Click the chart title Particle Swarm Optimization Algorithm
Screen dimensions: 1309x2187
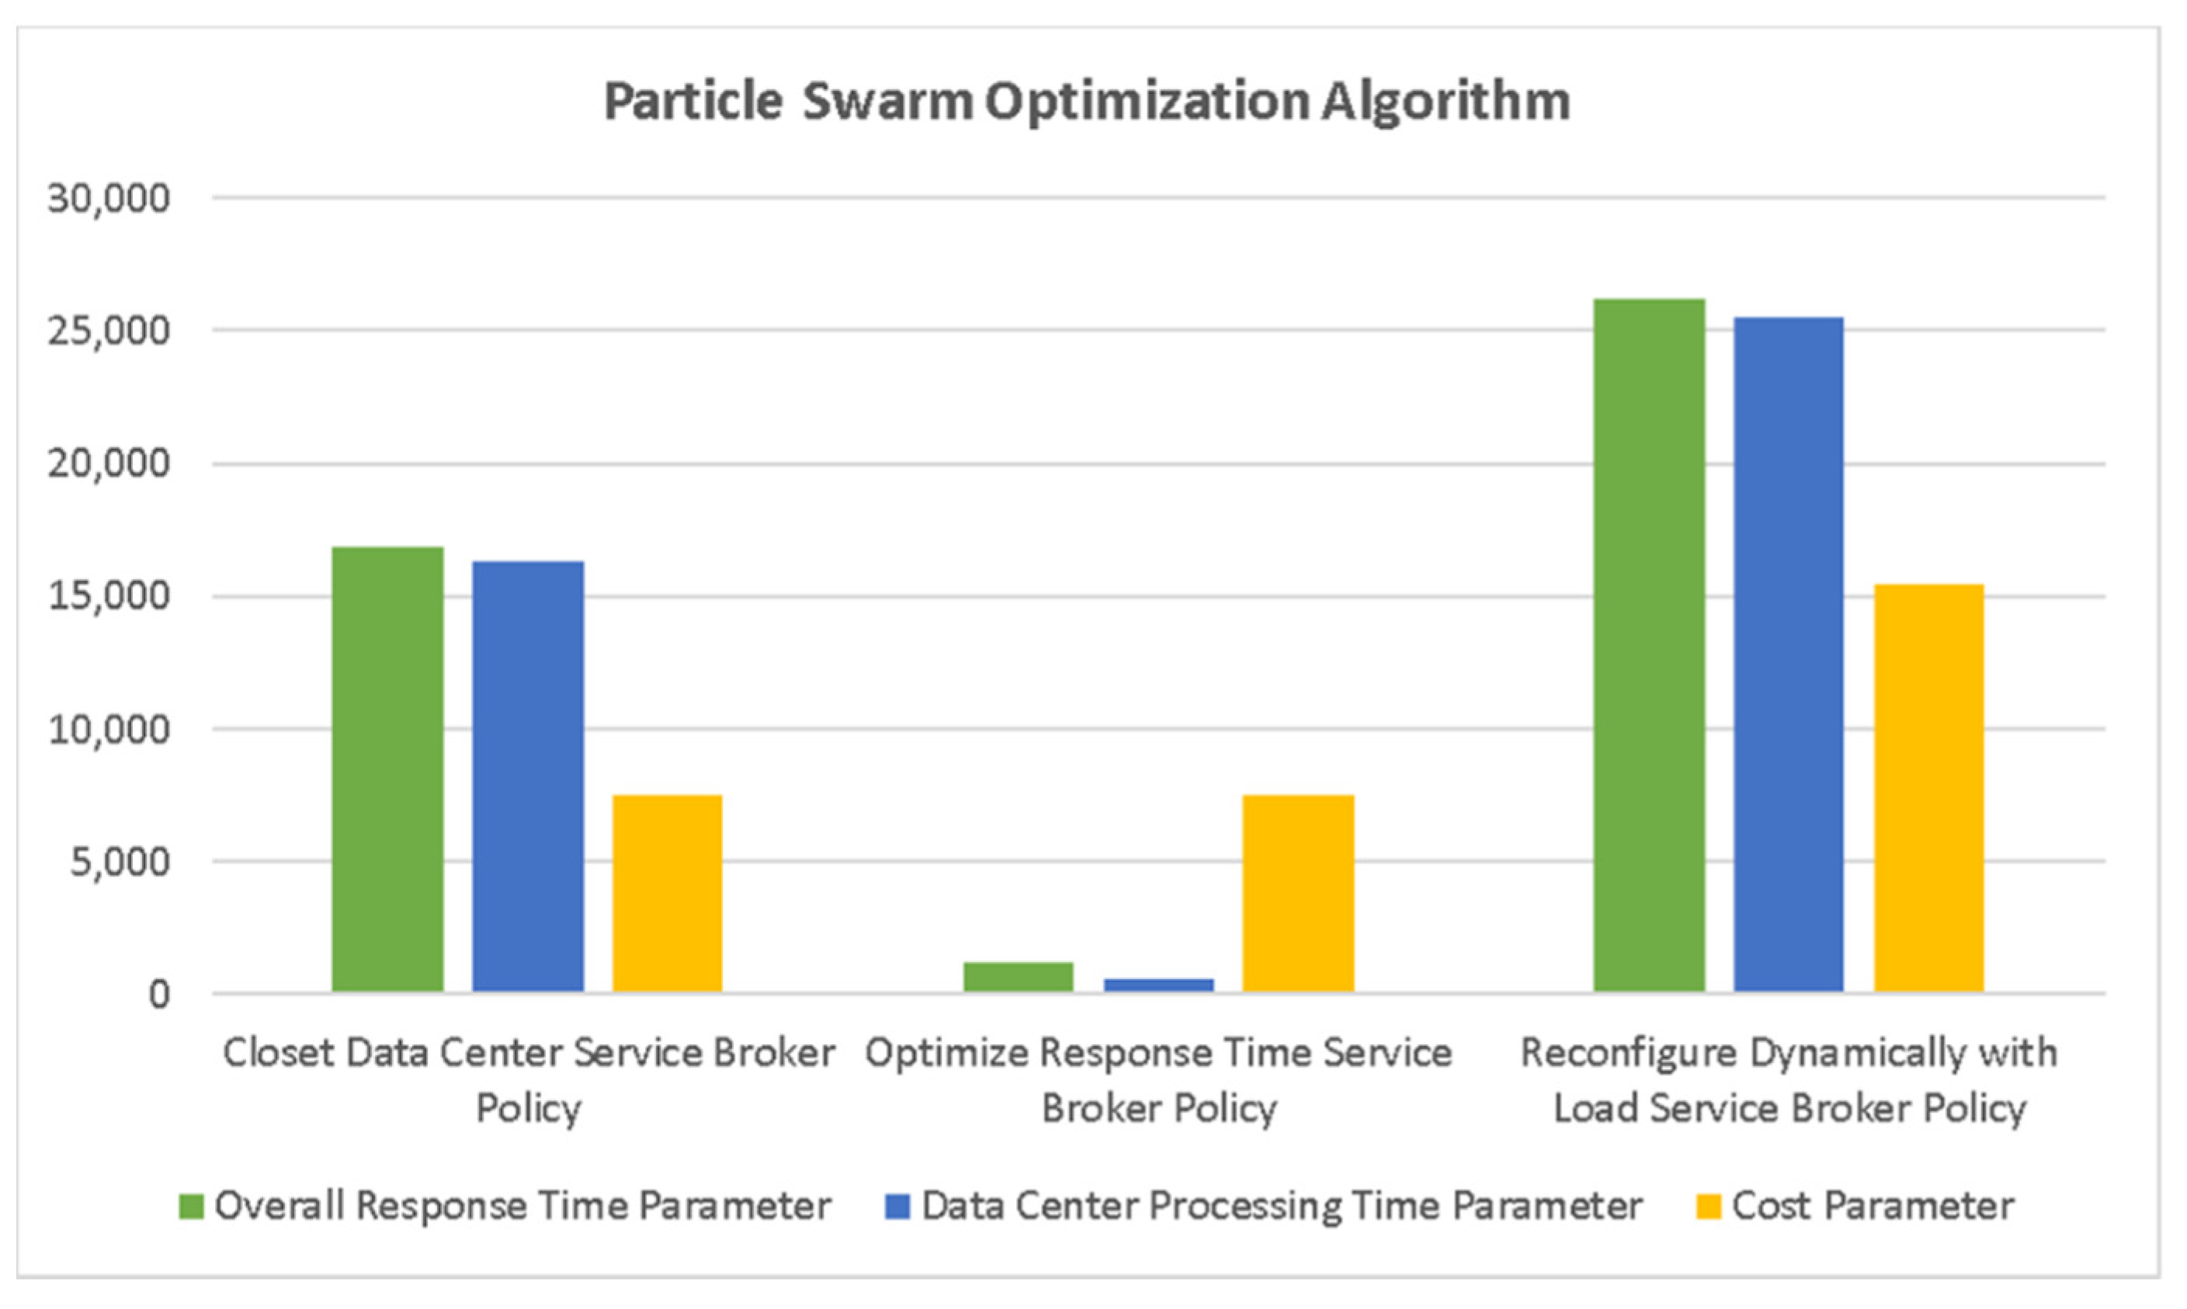pos(1086,102)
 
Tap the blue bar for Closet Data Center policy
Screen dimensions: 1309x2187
pos(527,776)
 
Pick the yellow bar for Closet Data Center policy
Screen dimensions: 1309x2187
pos(668,893)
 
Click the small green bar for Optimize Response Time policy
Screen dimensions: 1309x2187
pos(1018,977)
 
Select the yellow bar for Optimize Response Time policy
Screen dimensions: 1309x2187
pos(1298,893)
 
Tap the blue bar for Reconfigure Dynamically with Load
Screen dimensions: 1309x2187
pos(1789,654)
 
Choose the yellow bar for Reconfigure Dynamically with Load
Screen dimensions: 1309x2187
pos(1928,788)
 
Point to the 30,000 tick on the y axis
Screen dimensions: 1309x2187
pos(109,199)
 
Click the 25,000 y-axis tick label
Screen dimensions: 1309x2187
pos(109,332)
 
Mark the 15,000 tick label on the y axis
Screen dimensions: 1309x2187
pos(109,597)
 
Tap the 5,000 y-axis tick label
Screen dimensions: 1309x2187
pos(120,863)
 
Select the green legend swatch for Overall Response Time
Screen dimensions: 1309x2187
pos(190,1207)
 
